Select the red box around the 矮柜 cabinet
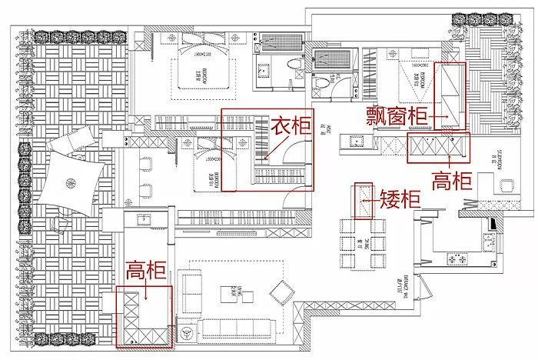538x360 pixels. pos(363,201)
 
